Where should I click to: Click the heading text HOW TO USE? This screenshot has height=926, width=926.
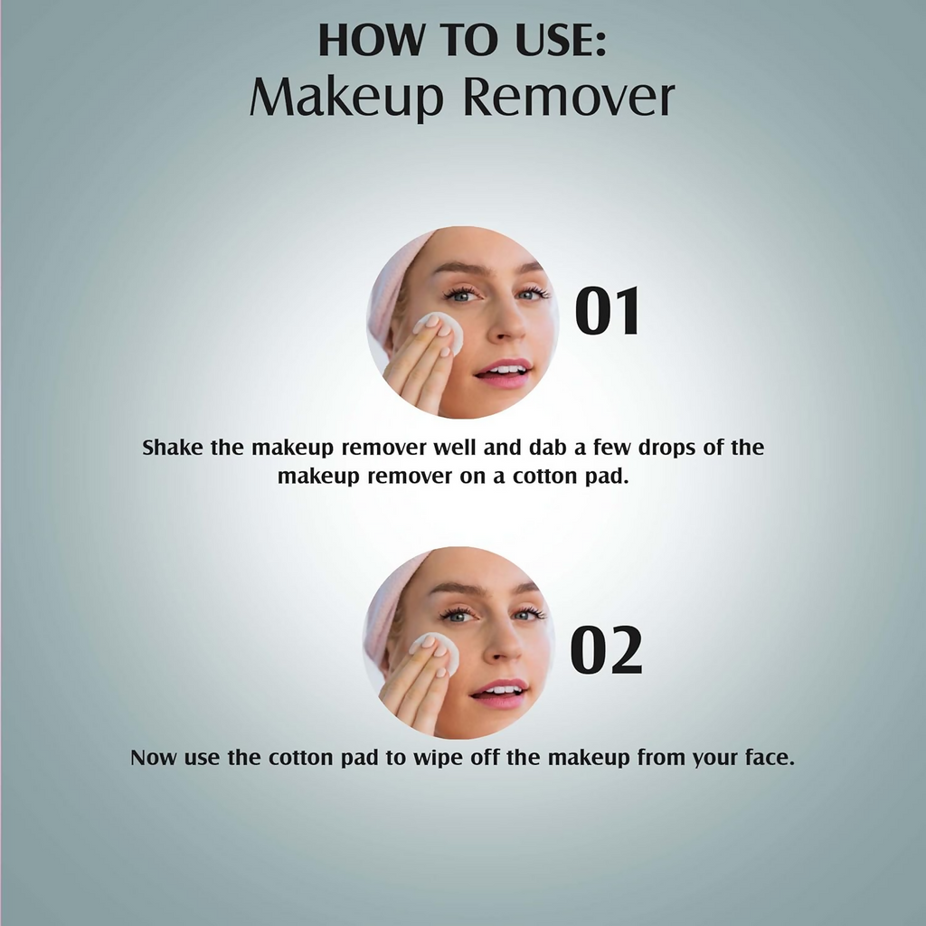pyautogui.click(x=462, y=41)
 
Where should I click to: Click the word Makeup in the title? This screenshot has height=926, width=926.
pyautogui.click(x=346, y=97)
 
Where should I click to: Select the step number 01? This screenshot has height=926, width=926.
pyautogui.click(x=607, y=311)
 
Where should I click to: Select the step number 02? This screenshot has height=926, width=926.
pyautogui.click(x=607, y=649)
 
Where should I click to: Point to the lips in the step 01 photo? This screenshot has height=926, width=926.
pyautogui.click(x=503, y=373)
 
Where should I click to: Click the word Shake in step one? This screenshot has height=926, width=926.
pyautogui.click(x=172, y=448)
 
